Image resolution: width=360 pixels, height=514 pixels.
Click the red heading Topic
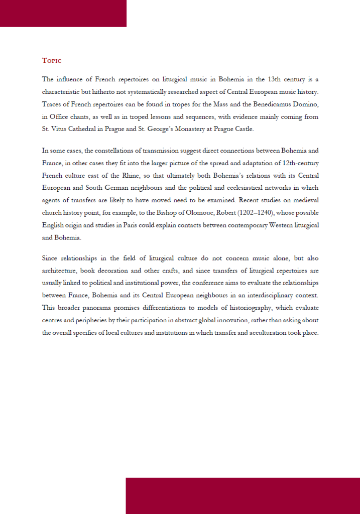[52, 61]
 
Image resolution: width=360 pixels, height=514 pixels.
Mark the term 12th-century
[297, 163]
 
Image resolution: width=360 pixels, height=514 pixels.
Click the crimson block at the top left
[63, 13]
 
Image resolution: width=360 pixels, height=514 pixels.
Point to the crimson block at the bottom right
[243, 495]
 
